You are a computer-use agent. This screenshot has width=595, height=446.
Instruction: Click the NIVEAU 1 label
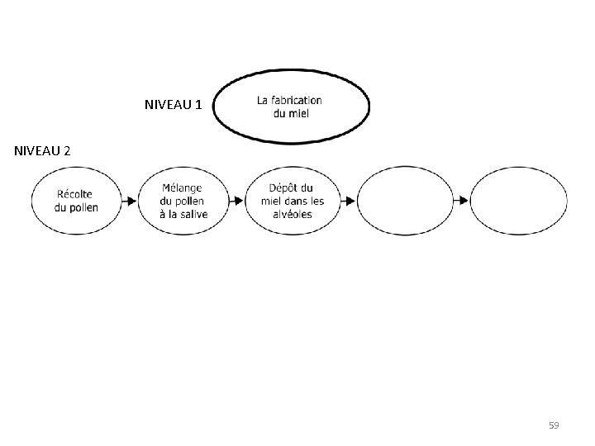(173, 106)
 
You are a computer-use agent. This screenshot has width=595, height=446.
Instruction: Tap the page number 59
(554, 425)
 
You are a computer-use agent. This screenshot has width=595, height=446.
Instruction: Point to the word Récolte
(75, 194)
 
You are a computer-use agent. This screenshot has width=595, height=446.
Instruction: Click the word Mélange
(183, 188)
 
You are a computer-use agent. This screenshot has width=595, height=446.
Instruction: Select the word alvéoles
(292, 214)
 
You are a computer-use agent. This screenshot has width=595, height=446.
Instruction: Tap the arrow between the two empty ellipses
(460, 201)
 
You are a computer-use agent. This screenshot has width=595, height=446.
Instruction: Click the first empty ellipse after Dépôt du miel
(405, 201)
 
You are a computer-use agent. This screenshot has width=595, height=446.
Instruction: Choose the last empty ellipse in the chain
(518, 201)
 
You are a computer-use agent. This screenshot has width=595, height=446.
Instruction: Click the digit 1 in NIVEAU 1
(198, 106)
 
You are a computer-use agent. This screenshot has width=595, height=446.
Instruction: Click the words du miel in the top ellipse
(291, 113)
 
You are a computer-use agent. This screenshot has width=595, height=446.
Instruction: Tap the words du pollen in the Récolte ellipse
(75, 207)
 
